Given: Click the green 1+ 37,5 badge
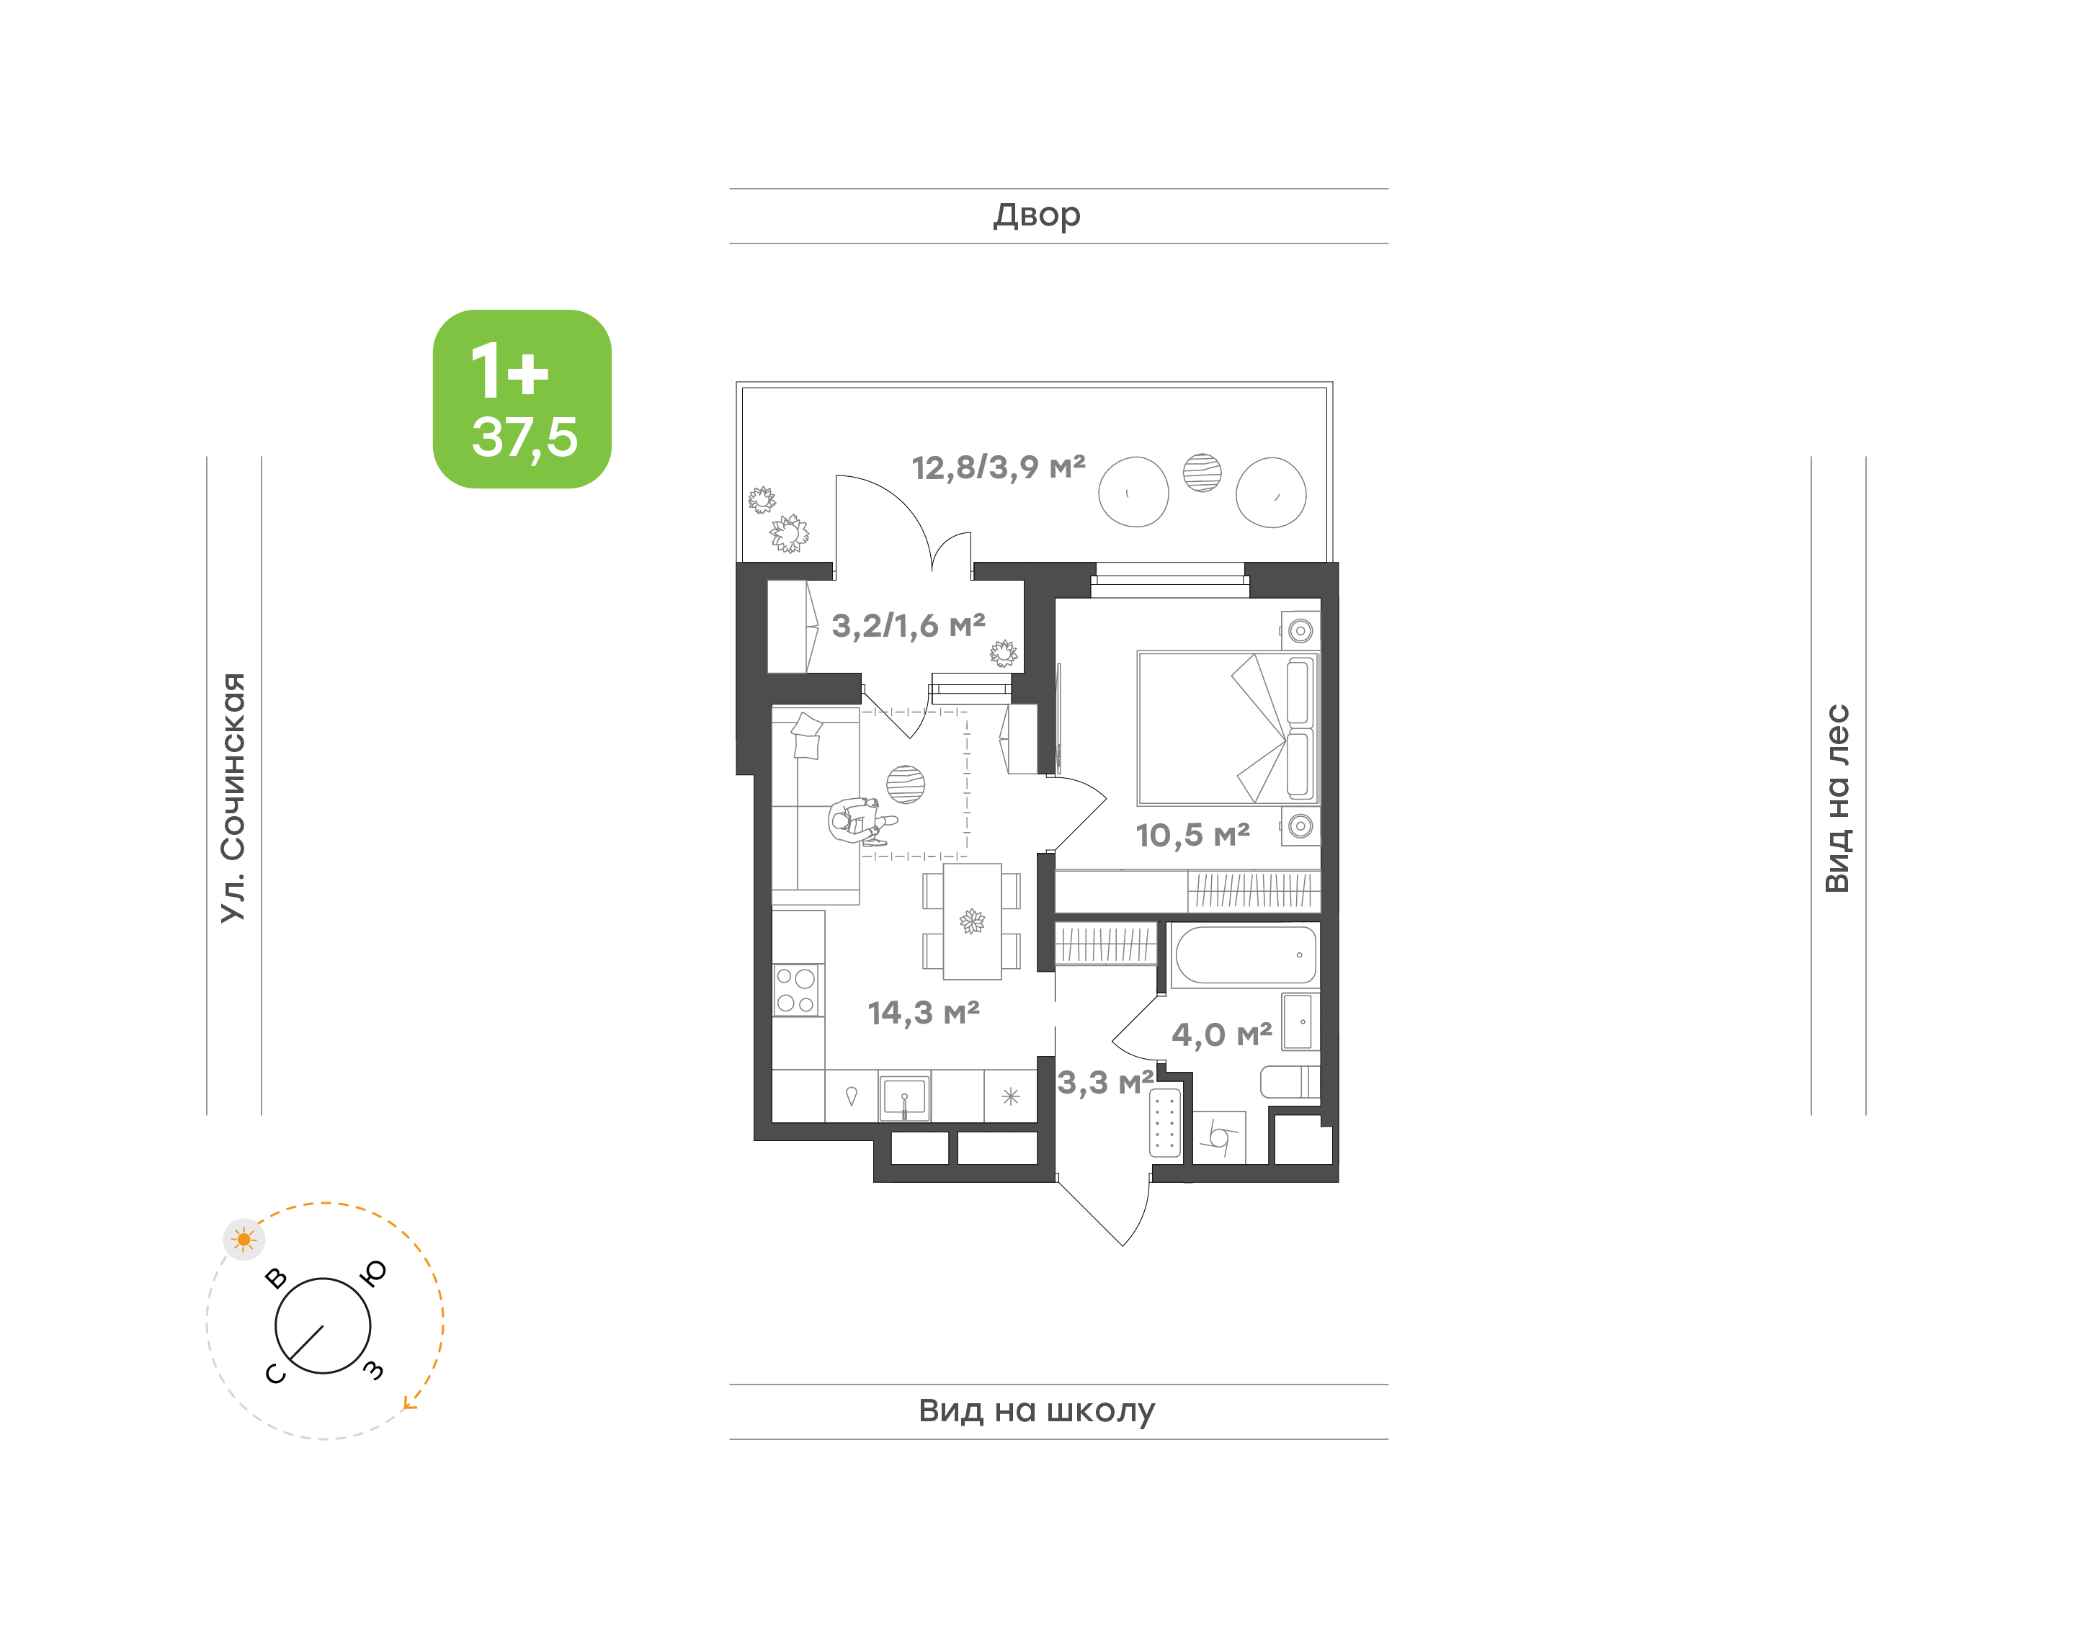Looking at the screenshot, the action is (522, 398).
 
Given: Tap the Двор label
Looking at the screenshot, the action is (1037, 215).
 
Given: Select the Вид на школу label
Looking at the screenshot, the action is (1036, 1410).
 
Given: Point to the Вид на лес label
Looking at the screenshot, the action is (1837, 799).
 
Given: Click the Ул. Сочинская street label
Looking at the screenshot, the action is (233, 798).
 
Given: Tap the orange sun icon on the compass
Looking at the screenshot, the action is (244, 1239).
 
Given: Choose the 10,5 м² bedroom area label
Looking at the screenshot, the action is (1192, 835).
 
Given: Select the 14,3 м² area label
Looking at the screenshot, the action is (924, 1012).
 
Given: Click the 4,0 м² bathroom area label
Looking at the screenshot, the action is (1222, 1034).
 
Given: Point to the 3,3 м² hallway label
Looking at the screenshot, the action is (1106, 1083).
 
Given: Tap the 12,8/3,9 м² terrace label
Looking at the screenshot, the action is (998, 467).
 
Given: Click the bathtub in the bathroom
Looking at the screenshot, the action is (1245, 955).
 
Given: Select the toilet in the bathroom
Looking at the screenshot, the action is (1290, 1082).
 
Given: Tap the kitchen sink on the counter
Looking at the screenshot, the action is (903, 1097).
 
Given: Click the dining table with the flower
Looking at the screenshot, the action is (972, 922).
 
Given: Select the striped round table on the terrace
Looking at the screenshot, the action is (1202, 473).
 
